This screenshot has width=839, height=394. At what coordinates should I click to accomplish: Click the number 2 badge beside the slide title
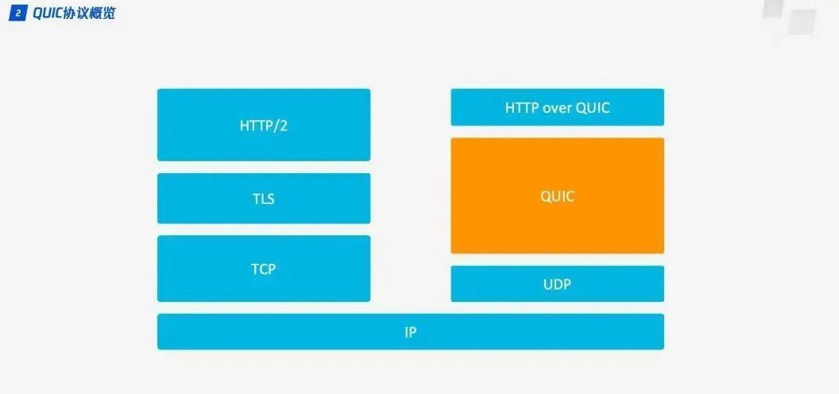(17, 14)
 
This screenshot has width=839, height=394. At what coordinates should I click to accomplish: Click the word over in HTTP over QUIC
(558, 108)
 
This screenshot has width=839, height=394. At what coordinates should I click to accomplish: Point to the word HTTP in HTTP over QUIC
(522, 108)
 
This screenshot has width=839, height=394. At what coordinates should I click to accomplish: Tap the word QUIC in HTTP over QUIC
(593, 108)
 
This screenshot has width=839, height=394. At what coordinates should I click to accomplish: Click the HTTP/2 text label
(263, 126)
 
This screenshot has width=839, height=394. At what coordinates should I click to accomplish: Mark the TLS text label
(263, 199)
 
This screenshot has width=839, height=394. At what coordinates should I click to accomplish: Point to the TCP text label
(263, 269)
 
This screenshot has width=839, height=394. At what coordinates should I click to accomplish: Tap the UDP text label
(557, 284)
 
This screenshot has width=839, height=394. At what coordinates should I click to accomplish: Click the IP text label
(410, 332)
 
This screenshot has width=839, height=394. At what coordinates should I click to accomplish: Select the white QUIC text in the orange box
(557, 196)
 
